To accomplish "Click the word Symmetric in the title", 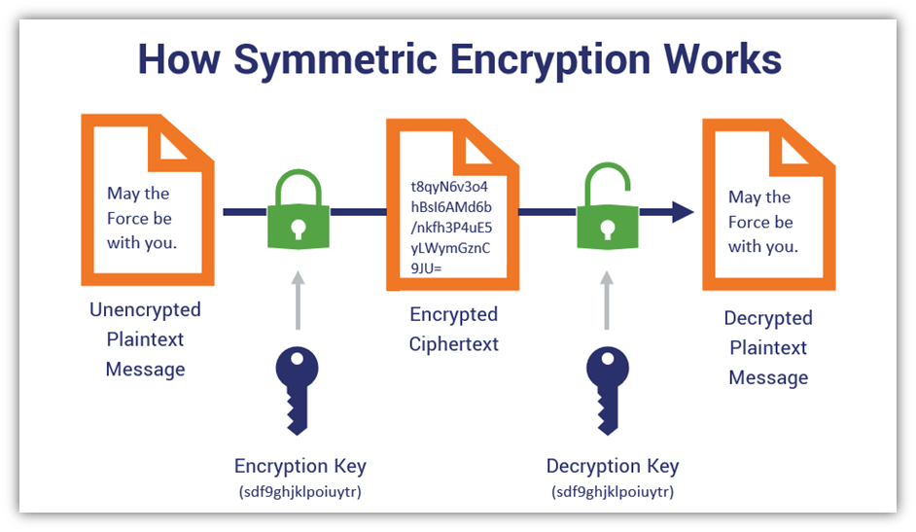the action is pos(335,60).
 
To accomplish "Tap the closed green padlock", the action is pos(299,209).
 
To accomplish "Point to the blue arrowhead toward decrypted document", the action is pos(683,212).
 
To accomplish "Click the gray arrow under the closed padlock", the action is pos(298,301).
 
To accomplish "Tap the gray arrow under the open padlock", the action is pos(607,301).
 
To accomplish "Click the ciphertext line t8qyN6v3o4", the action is pos(449,187).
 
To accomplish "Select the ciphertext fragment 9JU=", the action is pos(427,268).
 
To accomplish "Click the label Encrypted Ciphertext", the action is pos(454,329).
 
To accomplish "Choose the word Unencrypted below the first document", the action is pos(145,310).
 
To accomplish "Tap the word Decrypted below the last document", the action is pos(768,318).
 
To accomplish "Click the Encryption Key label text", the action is pos(300,466).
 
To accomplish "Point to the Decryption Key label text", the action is pos(613,466).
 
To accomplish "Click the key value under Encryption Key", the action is pos(300,492).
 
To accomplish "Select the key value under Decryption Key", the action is pos(613,492).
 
